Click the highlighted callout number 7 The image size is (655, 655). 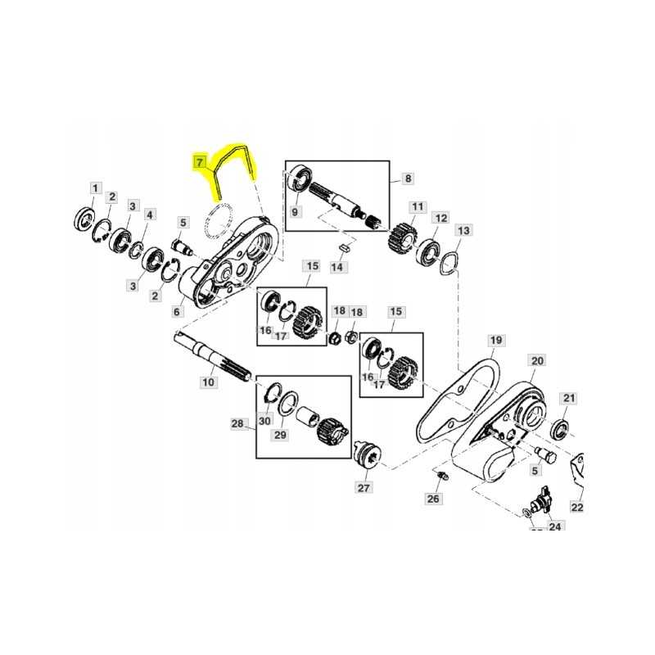(x=198, y=162)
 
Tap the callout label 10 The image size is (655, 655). (x=207, y=382)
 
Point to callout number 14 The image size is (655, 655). (x=338, y=267)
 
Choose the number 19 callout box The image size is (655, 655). (x=495, y=340)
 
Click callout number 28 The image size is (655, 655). (x=237, y=423)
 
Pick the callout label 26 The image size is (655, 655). (x=433, y=498)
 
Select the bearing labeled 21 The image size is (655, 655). (x=561, y=427)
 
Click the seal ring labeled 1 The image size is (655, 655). (x=84, y=218)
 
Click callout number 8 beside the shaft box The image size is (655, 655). (x=408, y=178)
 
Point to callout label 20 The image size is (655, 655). (x=537, y=361)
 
